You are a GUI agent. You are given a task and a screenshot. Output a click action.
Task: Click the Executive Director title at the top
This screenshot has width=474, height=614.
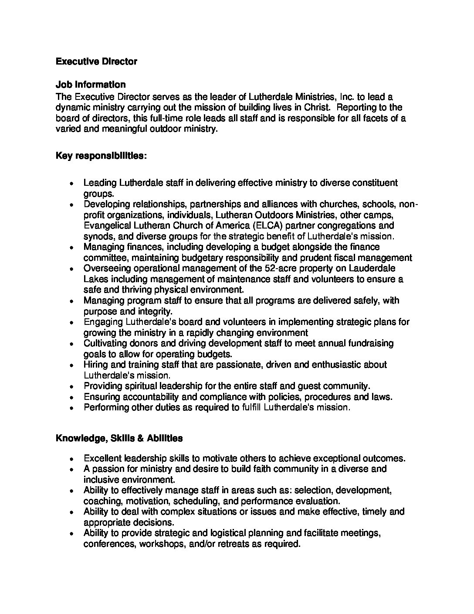click(x=96, y=61)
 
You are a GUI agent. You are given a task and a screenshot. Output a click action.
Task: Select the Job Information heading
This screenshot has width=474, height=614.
click(x=91, y=85)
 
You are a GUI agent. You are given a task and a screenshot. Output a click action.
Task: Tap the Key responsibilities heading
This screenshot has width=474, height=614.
click(x=101, y=156)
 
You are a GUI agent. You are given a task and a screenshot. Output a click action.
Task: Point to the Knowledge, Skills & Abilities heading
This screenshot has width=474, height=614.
click(x=119, y=438)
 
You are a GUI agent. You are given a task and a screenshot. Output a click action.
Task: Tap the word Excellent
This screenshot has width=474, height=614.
click(x=103, y=458)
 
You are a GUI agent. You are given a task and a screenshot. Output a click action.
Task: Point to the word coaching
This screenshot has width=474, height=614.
click(x=100, y=501)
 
